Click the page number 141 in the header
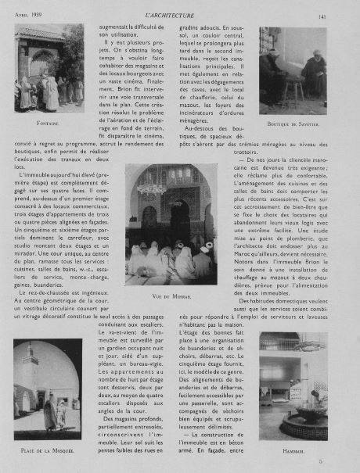coord(344,13)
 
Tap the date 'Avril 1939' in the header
coord(28,14)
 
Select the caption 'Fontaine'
coord(48,124)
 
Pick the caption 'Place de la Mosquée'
coord(47,452)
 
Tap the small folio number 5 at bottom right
coord(343,463)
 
